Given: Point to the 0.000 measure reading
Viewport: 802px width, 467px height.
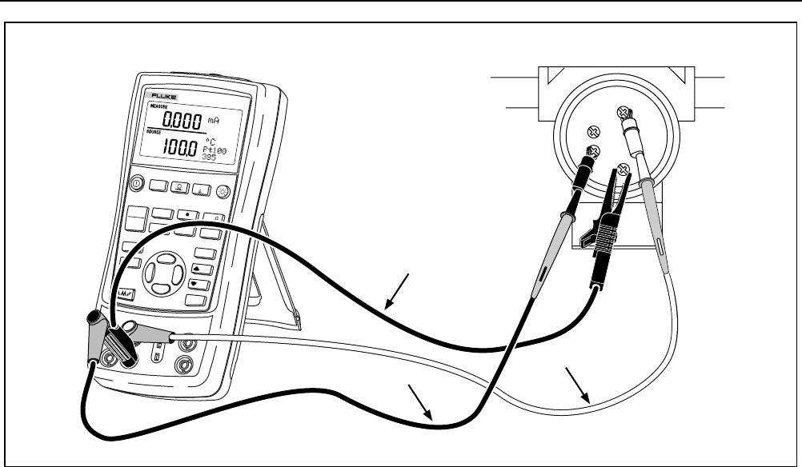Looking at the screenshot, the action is click(177, 120).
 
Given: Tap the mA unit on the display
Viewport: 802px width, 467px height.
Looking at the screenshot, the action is click(214, 119).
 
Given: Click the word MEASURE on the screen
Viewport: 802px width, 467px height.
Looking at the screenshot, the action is click(157, 106).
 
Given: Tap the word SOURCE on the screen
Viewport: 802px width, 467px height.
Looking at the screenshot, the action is click(154, 132).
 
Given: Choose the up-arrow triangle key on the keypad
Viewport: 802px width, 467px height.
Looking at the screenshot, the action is click(198, 269).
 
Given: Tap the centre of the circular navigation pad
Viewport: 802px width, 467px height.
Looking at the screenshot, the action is click(162, 273).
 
